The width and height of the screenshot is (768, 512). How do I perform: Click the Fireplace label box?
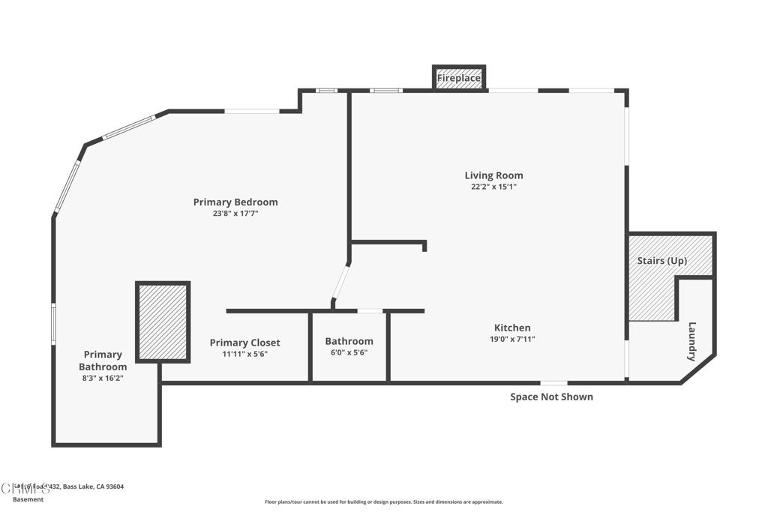pos(459,78)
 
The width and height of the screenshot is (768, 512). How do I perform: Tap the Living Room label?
pos(493,175)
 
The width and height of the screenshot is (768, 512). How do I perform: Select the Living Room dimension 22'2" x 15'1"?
pos(493,187)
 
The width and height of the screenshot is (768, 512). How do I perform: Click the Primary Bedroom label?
pos(235,202)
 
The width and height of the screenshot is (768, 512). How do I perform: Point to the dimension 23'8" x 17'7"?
pos(235,213)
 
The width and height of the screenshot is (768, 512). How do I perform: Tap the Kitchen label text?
pos(512,328)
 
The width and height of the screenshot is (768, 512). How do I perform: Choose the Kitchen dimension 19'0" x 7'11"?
pos(512,339)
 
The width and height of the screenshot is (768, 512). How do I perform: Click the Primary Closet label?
pos(244,343)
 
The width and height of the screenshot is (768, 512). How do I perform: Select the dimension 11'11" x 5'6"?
pos(244,354)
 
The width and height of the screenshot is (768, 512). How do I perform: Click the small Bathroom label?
pos(349,340)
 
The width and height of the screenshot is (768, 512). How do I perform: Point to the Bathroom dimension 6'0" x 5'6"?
pos(349,352)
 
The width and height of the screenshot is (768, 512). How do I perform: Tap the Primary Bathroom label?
pos(103,361)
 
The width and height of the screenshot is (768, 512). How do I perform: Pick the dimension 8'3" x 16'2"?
pos(103,379)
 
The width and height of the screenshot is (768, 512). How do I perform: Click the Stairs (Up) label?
pos(661,261)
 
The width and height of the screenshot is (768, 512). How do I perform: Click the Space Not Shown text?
pos(551,397)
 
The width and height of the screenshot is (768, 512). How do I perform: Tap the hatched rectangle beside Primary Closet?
pos(162,322)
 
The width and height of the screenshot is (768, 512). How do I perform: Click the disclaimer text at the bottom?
pos(383,502)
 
